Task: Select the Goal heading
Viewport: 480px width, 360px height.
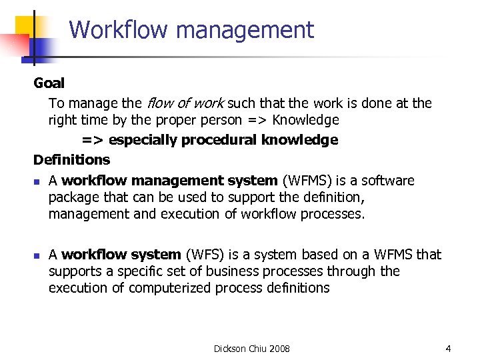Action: click(x=49, y=83)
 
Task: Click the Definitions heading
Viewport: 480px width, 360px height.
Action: click(x=71, y=160)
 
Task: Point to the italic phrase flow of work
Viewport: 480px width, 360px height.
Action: click(x=185, y=103)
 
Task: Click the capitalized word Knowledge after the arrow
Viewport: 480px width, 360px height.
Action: click(x=306, y=120)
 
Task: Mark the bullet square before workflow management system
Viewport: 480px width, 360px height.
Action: click(x=37, y=181)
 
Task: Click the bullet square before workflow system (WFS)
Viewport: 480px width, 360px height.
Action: click(x=37, y=255)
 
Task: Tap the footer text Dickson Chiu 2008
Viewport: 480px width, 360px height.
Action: click(x=251, y=349)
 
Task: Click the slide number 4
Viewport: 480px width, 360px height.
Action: click(x=449, y=349)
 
